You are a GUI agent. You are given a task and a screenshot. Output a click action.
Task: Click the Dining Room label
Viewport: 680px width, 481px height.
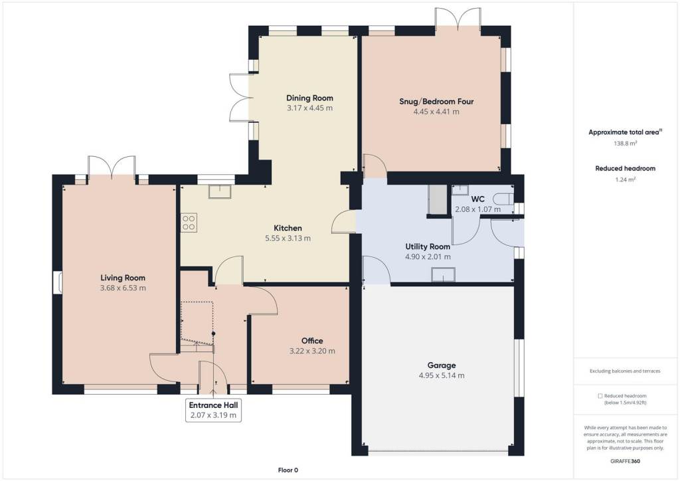coord(309,98)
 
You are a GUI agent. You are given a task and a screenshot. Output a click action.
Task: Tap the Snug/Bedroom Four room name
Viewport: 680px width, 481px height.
coord(436,102)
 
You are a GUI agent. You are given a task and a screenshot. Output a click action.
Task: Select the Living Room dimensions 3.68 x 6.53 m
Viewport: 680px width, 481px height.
coord(123,288)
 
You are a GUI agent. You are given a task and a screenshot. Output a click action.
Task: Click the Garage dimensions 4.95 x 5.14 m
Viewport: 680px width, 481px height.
coord(442,375)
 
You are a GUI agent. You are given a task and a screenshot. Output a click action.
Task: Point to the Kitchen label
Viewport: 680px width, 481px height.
coord(288,228)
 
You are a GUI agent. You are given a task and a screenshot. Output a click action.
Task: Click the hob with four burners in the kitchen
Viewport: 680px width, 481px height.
coord(189,222)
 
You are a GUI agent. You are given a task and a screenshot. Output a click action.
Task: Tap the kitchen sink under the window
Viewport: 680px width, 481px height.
coord(218,192)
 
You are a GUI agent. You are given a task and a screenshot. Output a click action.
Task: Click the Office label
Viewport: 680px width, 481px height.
coord(312,341)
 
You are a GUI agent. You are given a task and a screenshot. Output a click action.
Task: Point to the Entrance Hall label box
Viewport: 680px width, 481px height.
coord(213,410)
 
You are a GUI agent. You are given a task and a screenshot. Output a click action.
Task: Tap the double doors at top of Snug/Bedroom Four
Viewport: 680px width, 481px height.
coord(458,17)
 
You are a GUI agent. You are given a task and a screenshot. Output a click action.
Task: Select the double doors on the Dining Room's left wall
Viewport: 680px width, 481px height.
coord(238,98)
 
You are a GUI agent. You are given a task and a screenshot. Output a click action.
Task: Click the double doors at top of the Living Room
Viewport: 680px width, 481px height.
coord(112,166)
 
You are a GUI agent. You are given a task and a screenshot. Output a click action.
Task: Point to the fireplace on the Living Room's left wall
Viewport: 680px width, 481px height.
coord(58,282)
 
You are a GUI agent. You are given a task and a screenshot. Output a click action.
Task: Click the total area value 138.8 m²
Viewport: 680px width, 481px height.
coord(624,143)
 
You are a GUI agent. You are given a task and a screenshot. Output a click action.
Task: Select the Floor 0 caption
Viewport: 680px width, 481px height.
coord(288,470)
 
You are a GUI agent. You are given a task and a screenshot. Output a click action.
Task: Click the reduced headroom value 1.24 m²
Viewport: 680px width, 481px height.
coord(624,179)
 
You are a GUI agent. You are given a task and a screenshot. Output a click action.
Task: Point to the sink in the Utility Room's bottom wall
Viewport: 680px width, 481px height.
coord(443,274)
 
